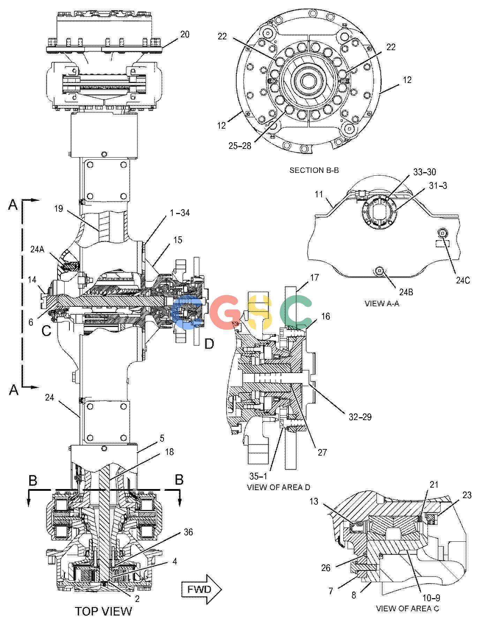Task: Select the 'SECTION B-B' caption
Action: click(314, 170)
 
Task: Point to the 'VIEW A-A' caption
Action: click(382, 303)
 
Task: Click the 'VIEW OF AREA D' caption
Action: click(278, 487)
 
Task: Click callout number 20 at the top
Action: click(185, 34)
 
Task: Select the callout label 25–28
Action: click(240, 145)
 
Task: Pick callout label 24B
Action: click(405, 292)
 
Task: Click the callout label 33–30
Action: click(424, 172)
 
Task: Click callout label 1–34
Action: click(180, 213)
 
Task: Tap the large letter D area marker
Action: click(209, 344)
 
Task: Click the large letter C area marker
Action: click(46, 330)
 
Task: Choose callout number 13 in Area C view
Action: click(314, 501)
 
